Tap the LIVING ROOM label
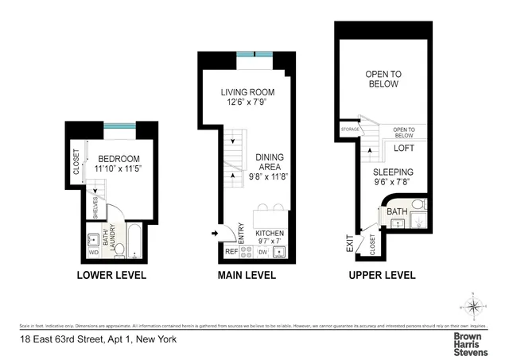[247, 93]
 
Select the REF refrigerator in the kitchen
[231, 252]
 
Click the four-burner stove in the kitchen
[247, 252]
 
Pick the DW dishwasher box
[262, 252]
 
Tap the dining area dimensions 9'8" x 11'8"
[269, 177]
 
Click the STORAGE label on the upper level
[351, 130]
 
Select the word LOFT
[405, 148]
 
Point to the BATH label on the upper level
[395, 212]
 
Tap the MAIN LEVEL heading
[246, 276]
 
